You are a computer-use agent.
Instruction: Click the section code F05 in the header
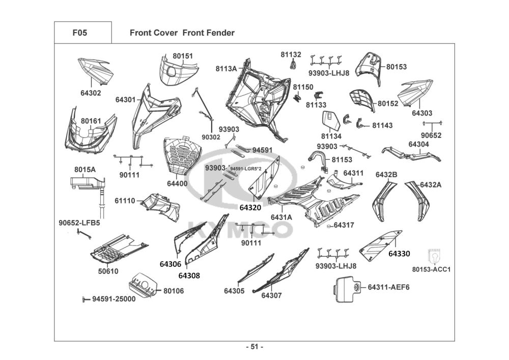pos(80,33)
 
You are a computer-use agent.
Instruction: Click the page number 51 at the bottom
pos(254,347)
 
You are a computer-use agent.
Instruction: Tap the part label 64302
pos(91,93)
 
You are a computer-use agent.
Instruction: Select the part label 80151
pos(183,56)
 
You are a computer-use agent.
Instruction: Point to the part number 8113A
pos(226,69)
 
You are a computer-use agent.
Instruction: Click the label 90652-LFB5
pos(79,223)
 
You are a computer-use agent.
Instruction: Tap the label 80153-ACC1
pos(432,269)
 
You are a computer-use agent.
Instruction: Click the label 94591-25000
pos(114,299)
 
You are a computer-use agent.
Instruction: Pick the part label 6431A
pos(281,217)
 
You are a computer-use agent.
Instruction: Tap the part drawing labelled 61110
pos(161,206)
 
